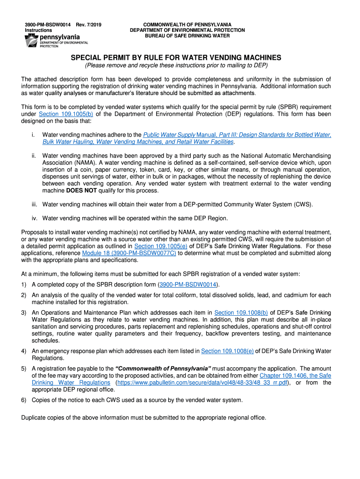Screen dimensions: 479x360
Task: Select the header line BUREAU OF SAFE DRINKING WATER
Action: [x=187, y=36]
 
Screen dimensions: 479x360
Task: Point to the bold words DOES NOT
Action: [x=79, y=191]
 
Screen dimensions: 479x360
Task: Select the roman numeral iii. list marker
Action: [x=34, y=204]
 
